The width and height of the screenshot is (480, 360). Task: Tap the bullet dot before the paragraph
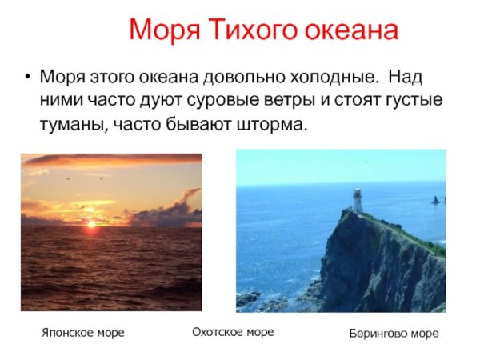click(x=28, y=80)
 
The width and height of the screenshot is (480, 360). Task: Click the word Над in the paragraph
click(x=406, y=79)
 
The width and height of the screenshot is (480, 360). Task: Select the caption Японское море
click(x=82, y=332)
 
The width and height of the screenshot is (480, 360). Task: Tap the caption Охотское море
click(x=233, y=331)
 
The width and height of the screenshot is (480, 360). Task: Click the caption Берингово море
click(x=394, y=333)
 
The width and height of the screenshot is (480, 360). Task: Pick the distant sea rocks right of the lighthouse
click(x=436, y=200)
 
